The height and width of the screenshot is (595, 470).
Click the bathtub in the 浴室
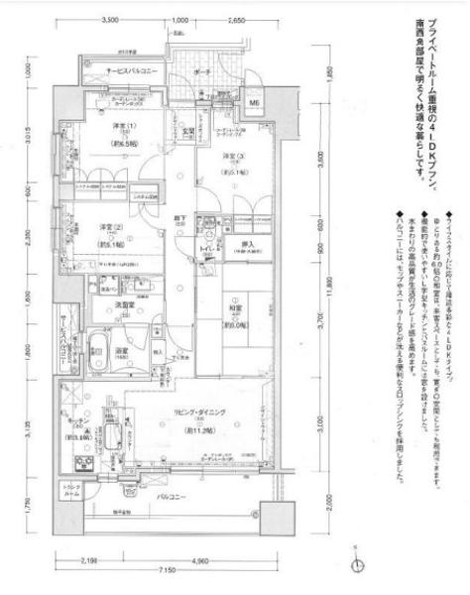click(x=102, y=348)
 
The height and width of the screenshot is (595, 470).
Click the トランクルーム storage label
click(x=74, y=489)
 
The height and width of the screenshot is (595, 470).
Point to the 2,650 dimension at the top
click(x=236, y=20)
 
